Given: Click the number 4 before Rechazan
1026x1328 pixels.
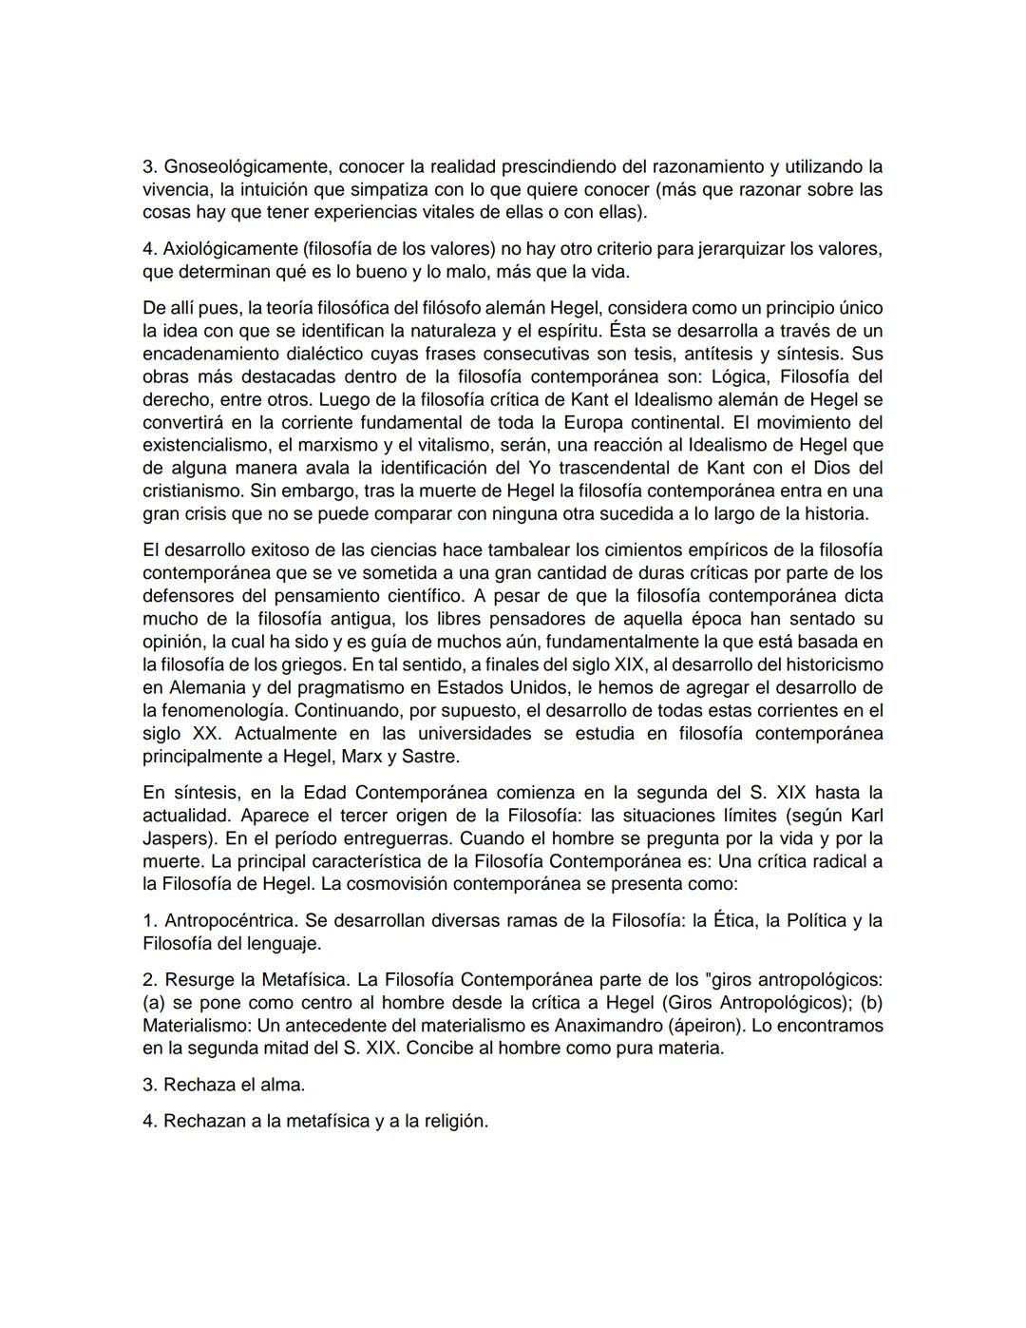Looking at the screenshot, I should click(148, 1121).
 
